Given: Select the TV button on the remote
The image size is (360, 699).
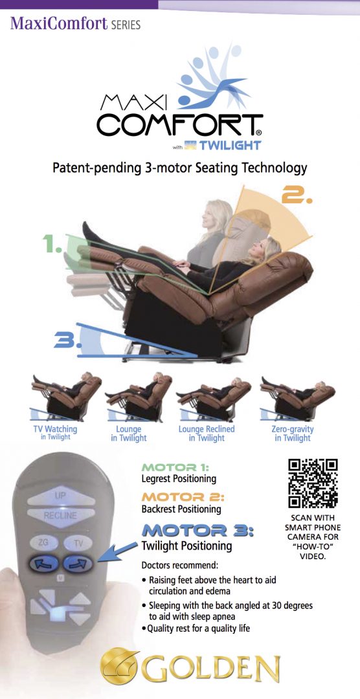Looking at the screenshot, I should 77,542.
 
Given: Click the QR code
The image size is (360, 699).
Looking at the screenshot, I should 313,483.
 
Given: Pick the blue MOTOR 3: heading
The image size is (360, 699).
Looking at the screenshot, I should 197,530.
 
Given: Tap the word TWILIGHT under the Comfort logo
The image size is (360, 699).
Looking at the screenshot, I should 231,145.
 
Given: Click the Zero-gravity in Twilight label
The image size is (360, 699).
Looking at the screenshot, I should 292,433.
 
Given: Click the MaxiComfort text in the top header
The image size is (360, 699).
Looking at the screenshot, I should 59,25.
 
